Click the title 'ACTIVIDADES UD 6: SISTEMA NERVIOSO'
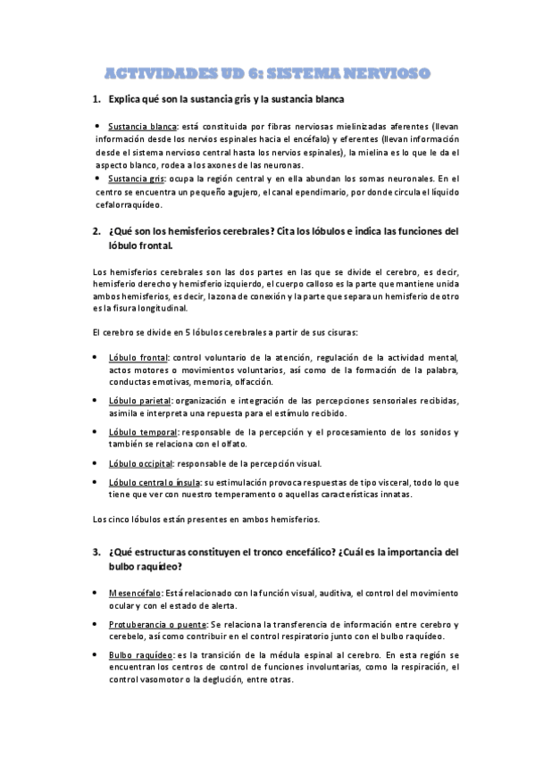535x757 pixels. pos(268,71)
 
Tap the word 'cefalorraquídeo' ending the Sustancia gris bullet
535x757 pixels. pos(126,204)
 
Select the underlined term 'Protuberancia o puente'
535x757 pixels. pos(156,623)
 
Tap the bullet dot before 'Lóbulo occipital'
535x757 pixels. pos(96,463)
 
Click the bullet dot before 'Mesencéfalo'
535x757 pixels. pos(96,592)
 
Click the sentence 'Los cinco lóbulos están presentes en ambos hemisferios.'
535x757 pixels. pos(205,519)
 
